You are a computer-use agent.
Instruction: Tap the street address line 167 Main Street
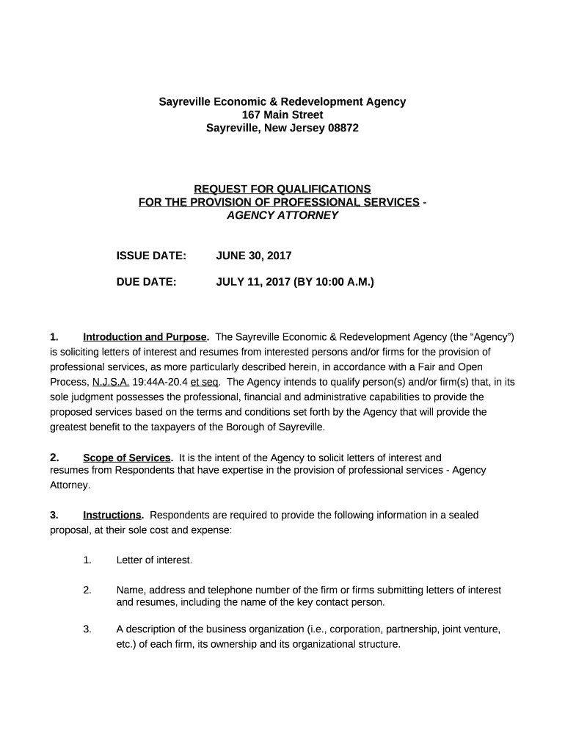282,115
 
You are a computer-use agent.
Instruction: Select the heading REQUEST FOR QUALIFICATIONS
282,189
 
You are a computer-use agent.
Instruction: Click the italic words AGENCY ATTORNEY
282,215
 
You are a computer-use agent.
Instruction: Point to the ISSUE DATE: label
151,256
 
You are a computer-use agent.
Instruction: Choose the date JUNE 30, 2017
254,256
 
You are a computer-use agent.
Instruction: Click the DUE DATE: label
147,281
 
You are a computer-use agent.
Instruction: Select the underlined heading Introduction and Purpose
145,337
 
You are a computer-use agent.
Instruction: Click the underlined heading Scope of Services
127,458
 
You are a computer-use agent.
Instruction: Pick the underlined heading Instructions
112,515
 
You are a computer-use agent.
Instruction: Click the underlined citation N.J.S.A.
111,382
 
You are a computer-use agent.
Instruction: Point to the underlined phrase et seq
205,382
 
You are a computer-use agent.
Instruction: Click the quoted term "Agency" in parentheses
491,337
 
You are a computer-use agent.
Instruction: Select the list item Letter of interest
154,560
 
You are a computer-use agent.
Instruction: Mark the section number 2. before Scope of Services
55,458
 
